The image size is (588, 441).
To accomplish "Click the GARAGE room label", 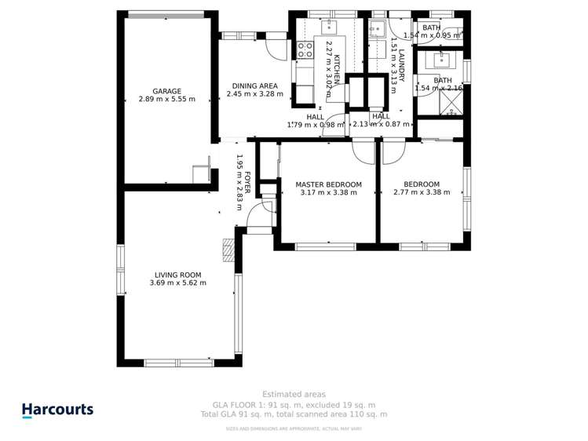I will pyautogui.click(x=166, y=91).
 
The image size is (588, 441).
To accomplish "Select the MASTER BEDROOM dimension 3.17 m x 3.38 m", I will pyautogui.click(x=328, y=192).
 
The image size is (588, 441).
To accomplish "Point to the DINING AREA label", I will pyautogui.click(x=254, y=86).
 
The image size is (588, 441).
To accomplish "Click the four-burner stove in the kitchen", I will pyautogui.click(x=305, y=50).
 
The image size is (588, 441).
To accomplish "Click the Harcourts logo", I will pyautogui.click(x=57, y=410).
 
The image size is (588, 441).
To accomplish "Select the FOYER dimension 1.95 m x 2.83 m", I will pyautogui.click(x=240, y=181).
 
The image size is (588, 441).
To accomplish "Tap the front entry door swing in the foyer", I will pyautogui.click(x=268, y=206).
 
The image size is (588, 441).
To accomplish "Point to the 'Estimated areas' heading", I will pyautogui.click(x=294, y=394).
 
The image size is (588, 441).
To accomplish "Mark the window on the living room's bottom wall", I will pyautogui.click(x=179, y=363).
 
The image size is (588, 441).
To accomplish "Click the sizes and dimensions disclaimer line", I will pyautogui.click(x=294, y=428).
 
